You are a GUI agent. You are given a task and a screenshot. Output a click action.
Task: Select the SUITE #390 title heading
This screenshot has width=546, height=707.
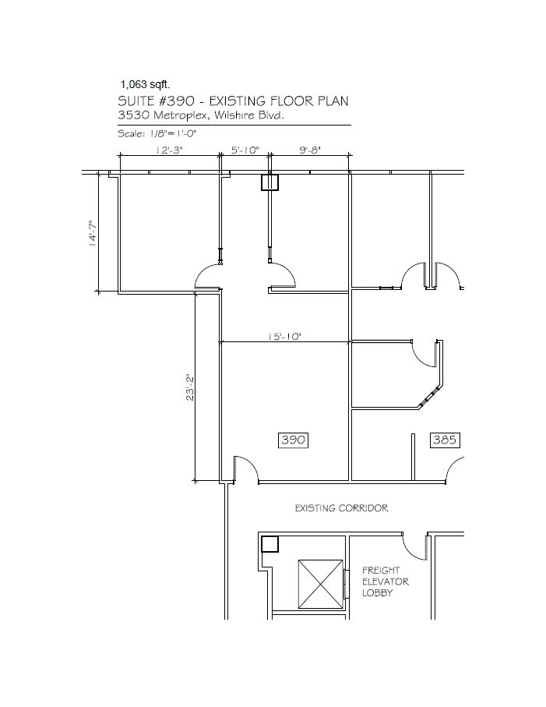click(233, 101)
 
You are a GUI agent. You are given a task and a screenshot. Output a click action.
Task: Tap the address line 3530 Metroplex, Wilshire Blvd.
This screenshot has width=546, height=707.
click(200, 115)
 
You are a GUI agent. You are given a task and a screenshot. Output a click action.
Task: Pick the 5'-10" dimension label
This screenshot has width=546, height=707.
click(245, 150)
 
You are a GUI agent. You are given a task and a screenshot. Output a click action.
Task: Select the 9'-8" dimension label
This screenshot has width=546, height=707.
click(309, 150)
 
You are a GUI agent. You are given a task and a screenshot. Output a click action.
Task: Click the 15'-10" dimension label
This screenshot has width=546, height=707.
click(284, 337)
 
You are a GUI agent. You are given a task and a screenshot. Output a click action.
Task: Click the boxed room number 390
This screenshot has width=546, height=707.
click(294, 440)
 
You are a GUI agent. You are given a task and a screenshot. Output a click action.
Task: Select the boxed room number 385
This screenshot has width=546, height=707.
click(444, 440)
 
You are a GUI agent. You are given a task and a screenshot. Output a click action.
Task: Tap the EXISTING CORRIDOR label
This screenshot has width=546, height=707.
click(341, 508)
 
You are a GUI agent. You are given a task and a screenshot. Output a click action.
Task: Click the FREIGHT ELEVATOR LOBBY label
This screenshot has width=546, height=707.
click(386, 582)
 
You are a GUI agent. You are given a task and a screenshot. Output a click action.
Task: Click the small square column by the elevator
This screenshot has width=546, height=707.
click(269, 544)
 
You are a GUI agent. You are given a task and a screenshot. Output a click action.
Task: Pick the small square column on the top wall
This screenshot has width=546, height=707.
click(269, 182)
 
